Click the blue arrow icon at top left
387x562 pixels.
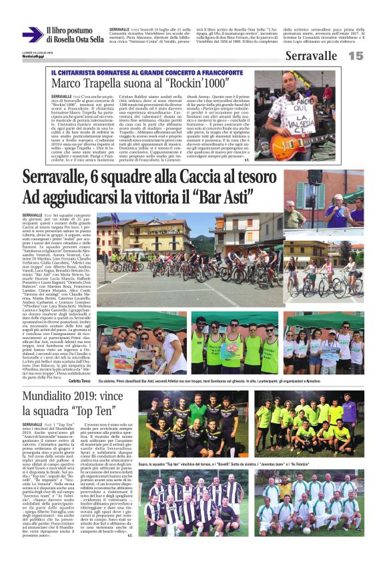(33, 35)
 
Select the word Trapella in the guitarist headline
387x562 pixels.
(114, 83)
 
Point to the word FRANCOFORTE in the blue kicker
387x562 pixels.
(220, 71)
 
